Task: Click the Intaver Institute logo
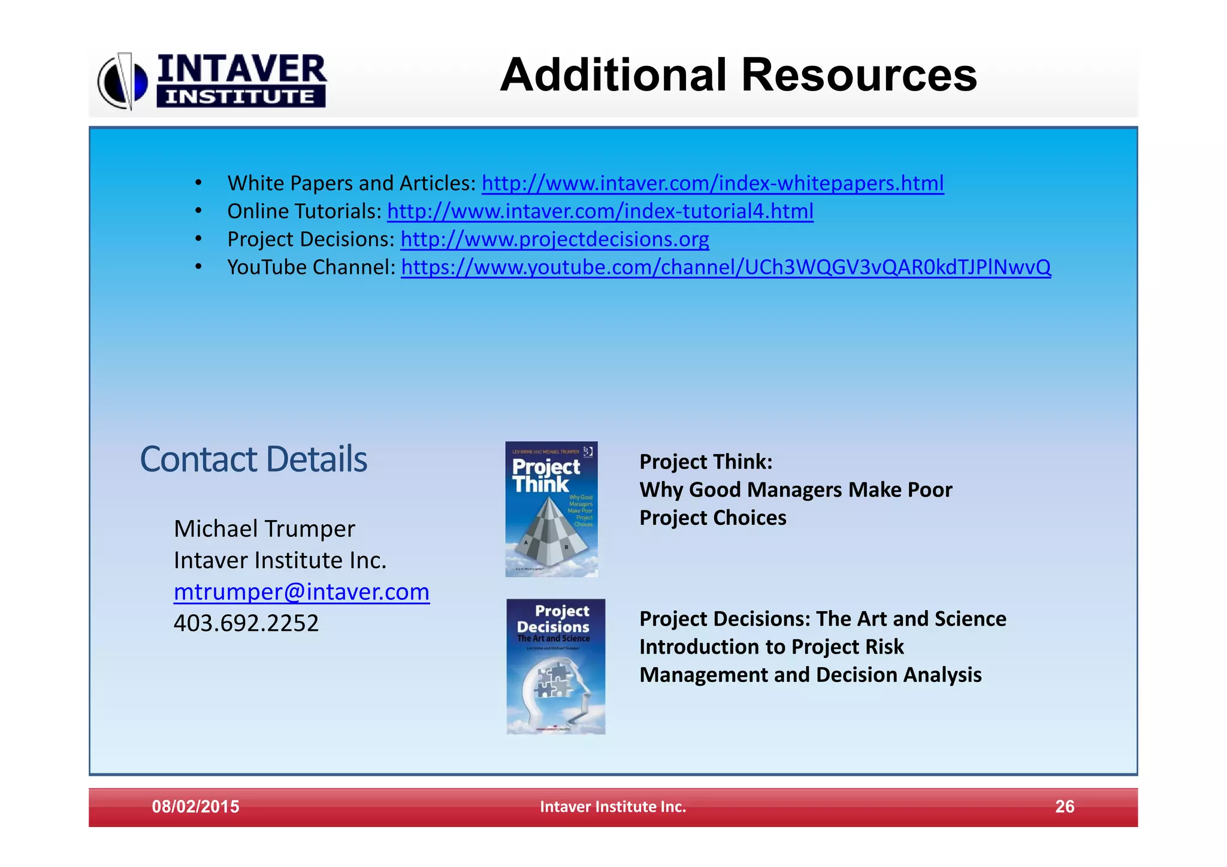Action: (213, 81)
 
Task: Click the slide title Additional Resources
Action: (738, 75)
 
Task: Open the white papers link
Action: (712, 183)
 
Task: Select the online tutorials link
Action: (600, 212)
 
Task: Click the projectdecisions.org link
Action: (554, 240)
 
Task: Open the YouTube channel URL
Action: (726, 267)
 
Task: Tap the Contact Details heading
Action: (253, 460)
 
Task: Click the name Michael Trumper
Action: (264, 529)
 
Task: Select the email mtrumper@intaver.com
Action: (301, 592)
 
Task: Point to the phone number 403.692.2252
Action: (246, 624)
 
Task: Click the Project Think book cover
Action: (551, 509)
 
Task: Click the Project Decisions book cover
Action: (555, 666)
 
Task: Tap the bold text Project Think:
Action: (706, 462)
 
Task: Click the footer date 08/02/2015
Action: (195, 806)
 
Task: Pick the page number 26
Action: (1064, 806)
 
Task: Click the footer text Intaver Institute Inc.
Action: (613, 806)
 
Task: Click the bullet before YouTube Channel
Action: (198, 267)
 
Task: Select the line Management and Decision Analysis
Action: (810, 675)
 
